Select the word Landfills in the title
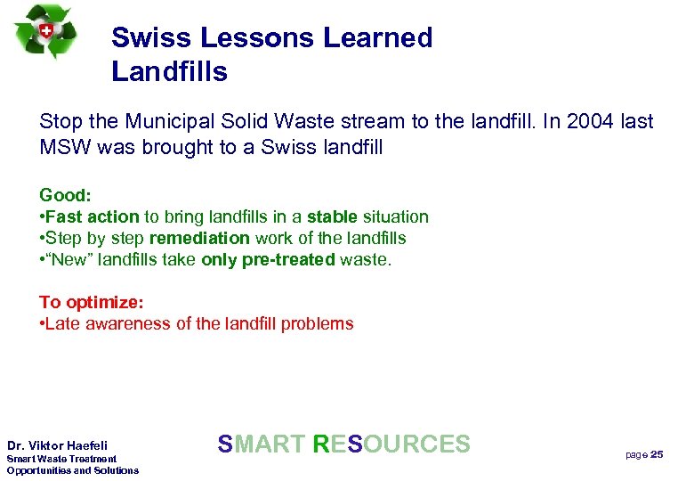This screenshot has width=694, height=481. pyautogui.click(x=169, y=71)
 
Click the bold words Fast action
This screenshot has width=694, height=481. pyautogui.click(x=92, y=216)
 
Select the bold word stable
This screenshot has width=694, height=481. pyautogui.click(x=332, y=216)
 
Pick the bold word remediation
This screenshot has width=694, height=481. pyautogui.click(x=199, y=238)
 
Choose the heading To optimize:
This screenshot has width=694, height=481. pyautogui.click(x=92, y=302)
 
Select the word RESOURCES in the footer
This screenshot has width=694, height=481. pyautogui.click(x=391, y=444)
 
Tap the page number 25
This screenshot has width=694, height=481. pyautogui.click(x=657, y=454)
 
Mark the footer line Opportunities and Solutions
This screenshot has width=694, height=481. pyautogui.click(x=73, y=470)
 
